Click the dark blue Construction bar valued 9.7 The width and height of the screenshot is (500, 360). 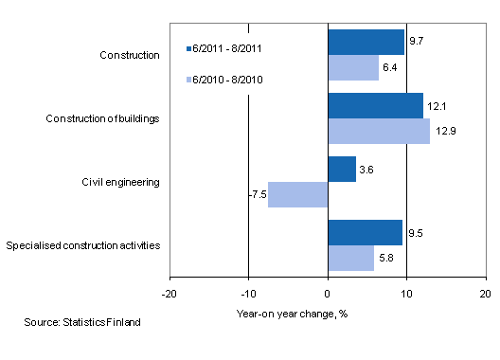point(366,42)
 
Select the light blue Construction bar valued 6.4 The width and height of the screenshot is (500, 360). point(352,67)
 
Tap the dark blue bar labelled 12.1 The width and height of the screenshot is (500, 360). point(375,105)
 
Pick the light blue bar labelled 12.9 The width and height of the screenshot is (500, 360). point(378,131)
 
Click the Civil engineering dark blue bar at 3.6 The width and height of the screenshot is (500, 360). point(342,169)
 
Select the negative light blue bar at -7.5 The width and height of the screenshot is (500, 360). point(298,194)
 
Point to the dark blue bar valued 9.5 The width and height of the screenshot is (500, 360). point(365,232)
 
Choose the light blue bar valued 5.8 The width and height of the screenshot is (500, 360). point(350,258)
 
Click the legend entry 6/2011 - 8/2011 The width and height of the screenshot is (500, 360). point(224,46)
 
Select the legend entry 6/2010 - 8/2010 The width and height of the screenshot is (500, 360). point(224,81)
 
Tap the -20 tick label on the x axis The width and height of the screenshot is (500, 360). point(170,294)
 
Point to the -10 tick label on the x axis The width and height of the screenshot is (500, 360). point(248,294)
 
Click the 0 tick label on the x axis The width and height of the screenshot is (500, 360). point(328,294)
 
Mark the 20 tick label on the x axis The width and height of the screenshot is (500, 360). point(485,294)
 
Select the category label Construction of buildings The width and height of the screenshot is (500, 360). point(103,118)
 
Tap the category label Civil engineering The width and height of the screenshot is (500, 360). point(122,182)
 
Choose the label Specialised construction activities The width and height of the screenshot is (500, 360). point(82,245)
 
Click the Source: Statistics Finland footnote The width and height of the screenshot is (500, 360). point(82,323)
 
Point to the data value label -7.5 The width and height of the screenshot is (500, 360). point(257,195)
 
